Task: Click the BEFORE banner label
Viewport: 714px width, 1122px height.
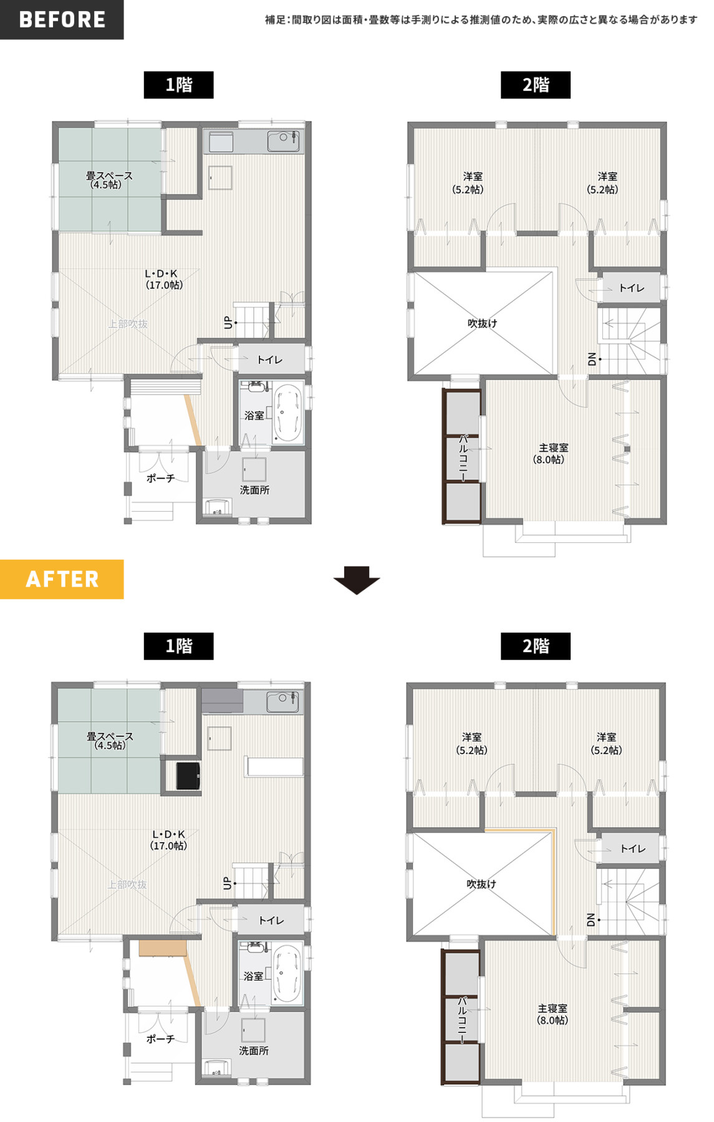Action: [x=62, y=19]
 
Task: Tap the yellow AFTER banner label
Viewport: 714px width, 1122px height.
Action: [x=62, y=579]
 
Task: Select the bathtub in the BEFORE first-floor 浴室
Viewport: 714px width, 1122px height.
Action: [x=287, y=413]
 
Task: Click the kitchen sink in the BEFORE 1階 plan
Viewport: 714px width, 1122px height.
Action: [x=283, y=141]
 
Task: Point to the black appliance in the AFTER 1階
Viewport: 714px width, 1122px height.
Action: [x=188, y=775]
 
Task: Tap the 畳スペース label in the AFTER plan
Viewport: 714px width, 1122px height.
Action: [x=110, y=741]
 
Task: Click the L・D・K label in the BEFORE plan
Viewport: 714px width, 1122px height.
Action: [x=164, y=279]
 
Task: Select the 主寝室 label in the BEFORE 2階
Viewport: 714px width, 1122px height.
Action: [x=552, y=453]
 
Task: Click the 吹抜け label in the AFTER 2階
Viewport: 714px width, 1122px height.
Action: [x=481, y=884]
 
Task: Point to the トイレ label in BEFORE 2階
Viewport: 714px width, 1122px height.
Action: [x=631, y=288]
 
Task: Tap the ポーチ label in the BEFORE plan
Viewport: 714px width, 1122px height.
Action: [x=160, y=478]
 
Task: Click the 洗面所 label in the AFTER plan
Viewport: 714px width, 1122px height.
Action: [x=254, y=1050]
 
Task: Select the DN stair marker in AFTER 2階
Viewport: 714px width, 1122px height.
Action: [x=591, y=919]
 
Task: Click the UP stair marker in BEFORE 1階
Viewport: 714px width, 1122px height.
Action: [x=228, y=323]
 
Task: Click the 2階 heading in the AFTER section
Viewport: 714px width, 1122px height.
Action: [x=536, y=646]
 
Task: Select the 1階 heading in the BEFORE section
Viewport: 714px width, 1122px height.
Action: [x=178, y=85]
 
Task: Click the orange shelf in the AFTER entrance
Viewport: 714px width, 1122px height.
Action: [x=163, y=948]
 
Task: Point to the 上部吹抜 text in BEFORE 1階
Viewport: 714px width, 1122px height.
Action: [x=128, y=324]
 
